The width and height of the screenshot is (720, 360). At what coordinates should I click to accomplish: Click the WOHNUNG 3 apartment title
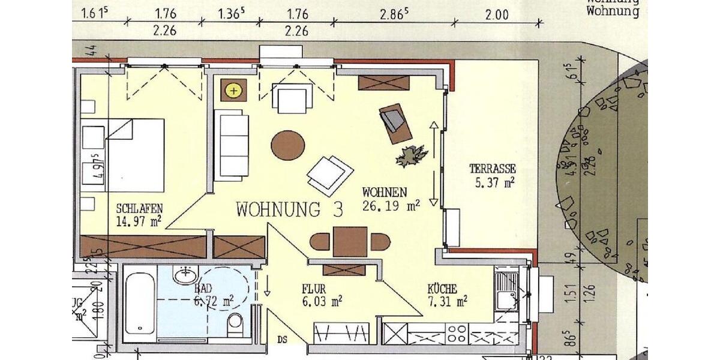(x=290, y=210)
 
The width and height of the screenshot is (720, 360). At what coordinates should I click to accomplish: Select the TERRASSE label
(x=493, y=170)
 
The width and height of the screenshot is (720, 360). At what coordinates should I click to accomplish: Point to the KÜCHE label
(x=442, y=289)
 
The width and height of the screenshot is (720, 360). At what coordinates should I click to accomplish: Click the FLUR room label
(x=314, y=289)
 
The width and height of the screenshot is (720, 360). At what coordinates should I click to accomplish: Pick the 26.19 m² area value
(x=391, y=206)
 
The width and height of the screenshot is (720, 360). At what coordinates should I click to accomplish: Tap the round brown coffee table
(x=287, y=146)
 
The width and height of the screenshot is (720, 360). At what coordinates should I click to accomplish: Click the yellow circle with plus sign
(x=233, y=91)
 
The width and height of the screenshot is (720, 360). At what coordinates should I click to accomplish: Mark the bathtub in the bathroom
(x=140, y=303)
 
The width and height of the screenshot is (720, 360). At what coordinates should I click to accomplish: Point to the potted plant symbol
(x=411, y=156)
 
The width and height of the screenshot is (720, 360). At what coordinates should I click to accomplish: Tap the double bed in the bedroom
(x=123, y=155)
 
